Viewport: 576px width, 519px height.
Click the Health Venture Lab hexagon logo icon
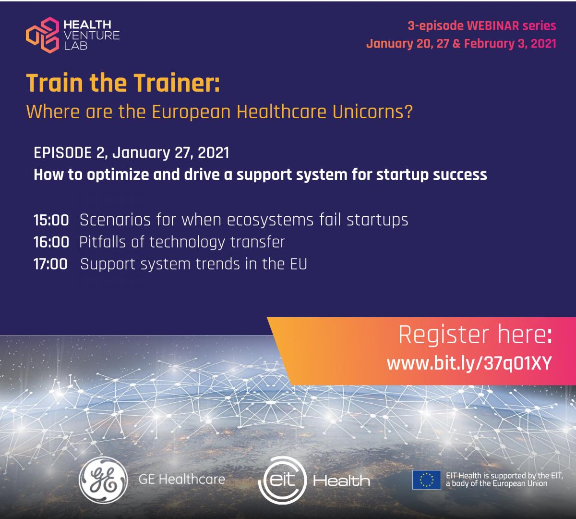click(43, 35)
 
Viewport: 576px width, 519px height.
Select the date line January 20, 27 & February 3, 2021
click(461, 44)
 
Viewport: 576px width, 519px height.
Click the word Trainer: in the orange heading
click(177, 83)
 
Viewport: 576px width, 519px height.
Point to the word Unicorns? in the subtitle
click(372, 111)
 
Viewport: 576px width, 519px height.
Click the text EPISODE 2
click(71, 152)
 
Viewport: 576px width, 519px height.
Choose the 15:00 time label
click(51, 220)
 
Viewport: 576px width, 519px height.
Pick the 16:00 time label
click(51, 242)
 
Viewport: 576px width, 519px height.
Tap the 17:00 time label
click(50, 264)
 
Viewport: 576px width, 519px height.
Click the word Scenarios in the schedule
click(115, 220)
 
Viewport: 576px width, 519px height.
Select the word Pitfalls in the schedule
click(103, 242)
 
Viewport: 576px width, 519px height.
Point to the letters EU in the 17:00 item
click(299, 264)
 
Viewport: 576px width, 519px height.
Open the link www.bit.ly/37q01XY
click(469, 363)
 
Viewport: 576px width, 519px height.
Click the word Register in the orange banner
click(444, 334)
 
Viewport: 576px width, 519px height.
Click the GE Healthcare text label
click(182, 479)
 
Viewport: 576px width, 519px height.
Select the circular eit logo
click(283, 480)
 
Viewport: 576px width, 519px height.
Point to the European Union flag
click(427, 480)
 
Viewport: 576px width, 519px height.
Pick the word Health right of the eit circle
click(341, 481)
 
